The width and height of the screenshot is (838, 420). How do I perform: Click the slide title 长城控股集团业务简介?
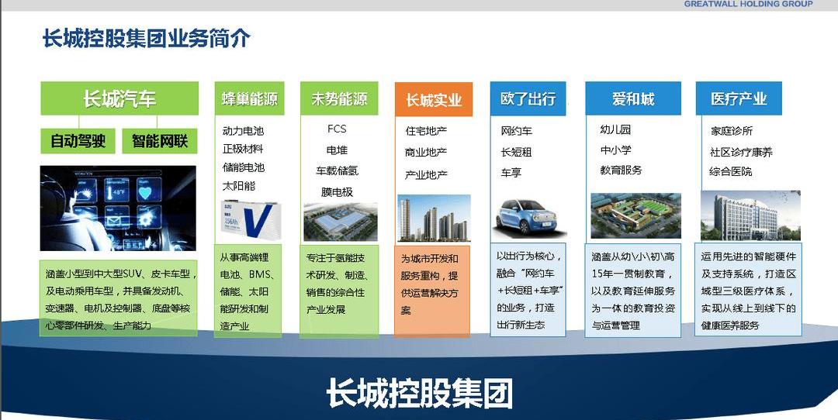(146, 38)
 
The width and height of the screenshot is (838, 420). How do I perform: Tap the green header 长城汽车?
(119, 99)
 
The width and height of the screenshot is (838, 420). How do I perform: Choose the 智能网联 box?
(159, 141)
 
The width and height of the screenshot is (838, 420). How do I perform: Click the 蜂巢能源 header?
(249, 99)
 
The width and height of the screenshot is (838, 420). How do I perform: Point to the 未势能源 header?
(339, 99)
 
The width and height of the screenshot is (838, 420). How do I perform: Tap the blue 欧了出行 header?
(528, 99)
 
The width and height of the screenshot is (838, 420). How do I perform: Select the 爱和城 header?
(633, 99)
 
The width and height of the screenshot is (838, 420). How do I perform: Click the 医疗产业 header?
(738, 99)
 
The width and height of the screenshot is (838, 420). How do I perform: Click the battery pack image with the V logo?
(249, 218)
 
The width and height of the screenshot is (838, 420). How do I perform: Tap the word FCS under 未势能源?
(337, 129)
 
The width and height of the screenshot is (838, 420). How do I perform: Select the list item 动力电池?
(243, 131)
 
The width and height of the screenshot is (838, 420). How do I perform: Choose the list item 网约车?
(517, 131)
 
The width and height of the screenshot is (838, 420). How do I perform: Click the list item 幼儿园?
(615, 129)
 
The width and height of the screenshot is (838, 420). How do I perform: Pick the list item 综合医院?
(730, 171)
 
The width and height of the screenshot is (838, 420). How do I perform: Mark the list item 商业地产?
(426, 153)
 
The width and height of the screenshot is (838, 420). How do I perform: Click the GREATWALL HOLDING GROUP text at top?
(748, 4)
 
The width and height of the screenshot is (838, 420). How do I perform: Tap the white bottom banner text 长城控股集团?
(419, 394)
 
